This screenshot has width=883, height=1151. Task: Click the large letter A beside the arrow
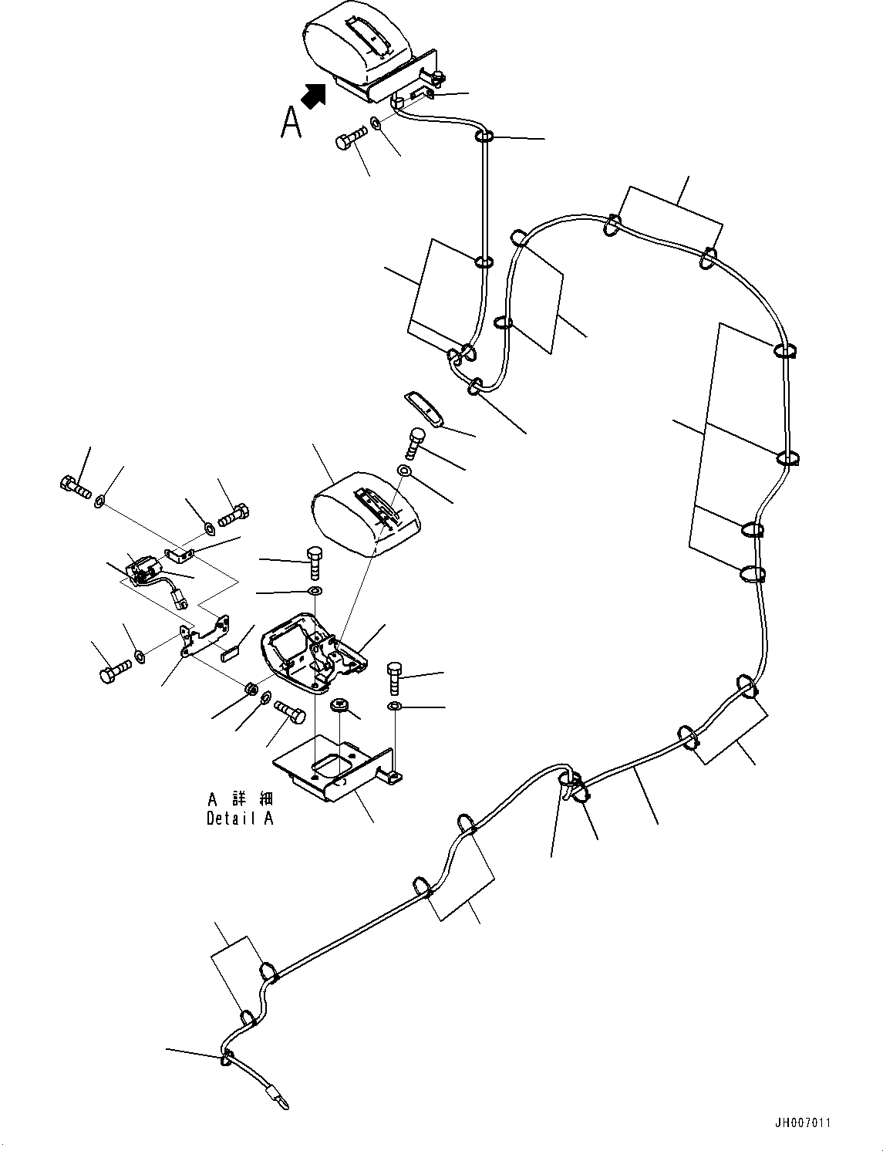(x=291, y=122)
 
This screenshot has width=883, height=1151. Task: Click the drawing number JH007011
(x=804, y=1123)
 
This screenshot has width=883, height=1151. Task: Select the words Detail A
(x=240, y=819)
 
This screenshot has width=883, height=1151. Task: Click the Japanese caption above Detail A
(x=240, y=799)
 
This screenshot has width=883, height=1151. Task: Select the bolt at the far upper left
(x=74, y=487)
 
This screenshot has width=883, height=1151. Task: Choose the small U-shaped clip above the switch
(x=178, y=553)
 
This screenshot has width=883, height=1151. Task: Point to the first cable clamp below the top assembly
(x=484, y=137)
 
